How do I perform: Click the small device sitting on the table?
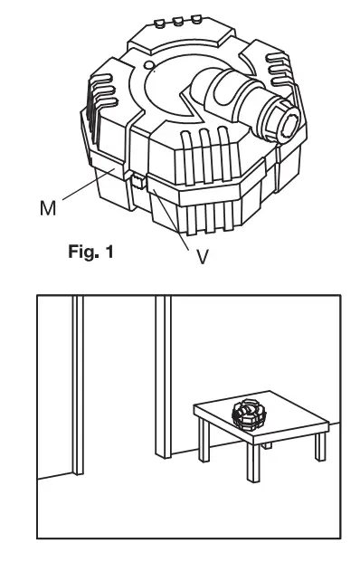click(x=250, y=415)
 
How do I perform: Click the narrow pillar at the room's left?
click(x=77, y=380)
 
